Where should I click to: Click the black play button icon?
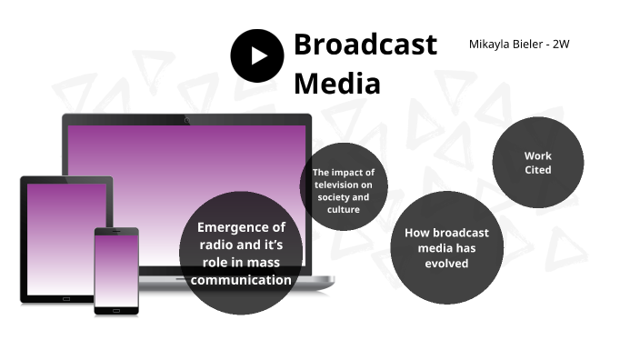(x=257, y=55)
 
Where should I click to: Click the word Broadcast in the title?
(x=365, y=45)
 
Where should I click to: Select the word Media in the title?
(x=335, y=84)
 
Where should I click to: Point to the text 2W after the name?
(x=559, y=44)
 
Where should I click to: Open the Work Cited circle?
(x=537, y=163)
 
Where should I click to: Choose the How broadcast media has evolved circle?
(x=446, y=247)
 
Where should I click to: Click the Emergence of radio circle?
(x=241, y=253)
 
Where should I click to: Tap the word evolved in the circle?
(x=446, y=264)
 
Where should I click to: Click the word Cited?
(x=537, y=170)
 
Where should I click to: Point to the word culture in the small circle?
(x=343, y=210)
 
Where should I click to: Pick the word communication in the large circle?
(x=241, y=280)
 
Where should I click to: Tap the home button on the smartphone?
(x=116, y=310)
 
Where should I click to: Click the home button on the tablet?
(x=66, y=298)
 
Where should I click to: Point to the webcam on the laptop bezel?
(x=186, y=118)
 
